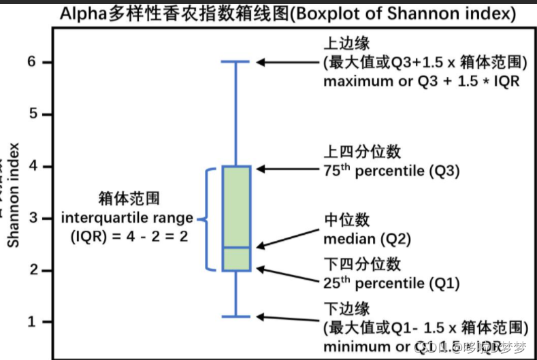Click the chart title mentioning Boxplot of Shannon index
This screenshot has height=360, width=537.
pos(285,13)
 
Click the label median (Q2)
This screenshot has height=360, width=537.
pos(366,239)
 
